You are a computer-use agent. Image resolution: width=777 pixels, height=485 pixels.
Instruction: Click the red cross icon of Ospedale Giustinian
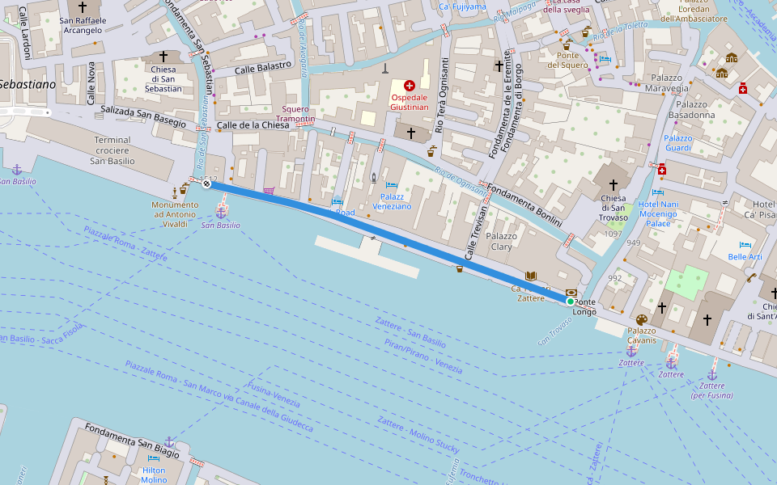(409, 85)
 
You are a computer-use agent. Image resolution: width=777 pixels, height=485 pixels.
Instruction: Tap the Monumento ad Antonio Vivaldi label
(175, 214)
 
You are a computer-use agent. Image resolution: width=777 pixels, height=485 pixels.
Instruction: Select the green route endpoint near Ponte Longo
(571, 301)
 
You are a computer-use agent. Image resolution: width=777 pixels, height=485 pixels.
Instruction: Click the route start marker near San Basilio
(206, 183)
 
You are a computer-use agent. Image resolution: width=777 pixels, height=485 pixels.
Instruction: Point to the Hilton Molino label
(154, 475)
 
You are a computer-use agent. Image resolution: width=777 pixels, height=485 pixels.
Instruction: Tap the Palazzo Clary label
(502, 242)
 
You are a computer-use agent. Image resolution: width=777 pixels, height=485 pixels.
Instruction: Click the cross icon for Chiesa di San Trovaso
(613, 185)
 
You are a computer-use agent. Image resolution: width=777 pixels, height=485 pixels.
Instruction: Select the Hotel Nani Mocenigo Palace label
(657, 214)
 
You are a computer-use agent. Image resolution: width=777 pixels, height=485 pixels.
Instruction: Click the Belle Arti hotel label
(745, 256)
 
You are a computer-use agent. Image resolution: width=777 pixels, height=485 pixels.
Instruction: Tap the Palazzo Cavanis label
(641, 335)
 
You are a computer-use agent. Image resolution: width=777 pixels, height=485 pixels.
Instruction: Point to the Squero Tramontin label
(298, 114)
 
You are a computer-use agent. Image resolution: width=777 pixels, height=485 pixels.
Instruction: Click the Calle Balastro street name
(262, 68)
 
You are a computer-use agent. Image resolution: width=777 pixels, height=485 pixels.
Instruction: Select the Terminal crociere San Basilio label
(112, 150)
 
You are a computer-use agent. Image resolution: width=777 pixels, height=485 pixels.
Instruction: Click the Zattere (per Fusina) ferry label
(712, 390)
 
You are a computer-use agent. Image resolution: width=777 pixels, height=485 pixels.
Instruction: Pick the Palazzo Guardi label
(678, 142)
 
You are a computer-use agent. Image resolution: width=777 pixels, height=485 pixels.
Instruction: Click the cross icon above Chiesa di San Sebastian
(163, 56)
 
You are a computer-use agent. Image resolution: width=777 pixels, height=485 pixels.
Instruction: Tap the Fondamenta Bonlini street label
(527, 203)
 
